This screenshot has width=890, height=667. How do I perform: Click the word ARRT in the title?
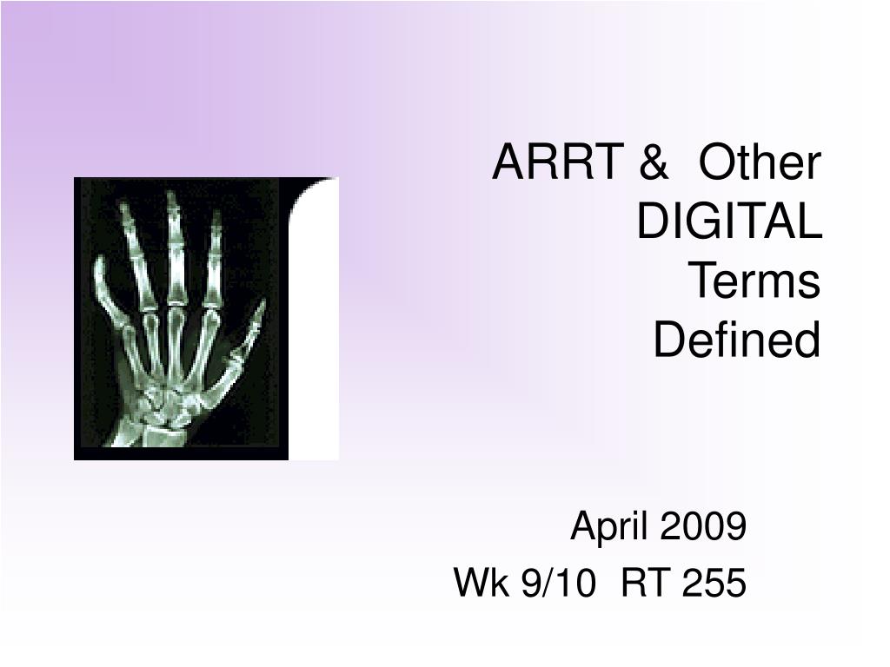[558, 162]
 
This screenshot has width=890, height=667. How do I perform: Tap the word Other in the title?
[760, 162]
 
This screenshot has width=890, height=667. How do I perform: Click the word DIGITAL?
[729, 221]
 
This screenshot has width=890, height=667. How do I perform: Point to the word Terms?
[754, 281]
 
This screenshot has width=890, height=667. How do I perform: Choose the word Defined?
[737, 340]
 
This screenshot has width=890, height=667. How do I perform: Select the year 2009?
[703, 525]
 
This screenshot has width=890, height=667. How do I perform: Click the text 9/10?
[559, 583]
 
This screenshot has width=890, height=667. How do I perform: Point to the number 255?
[714, 583]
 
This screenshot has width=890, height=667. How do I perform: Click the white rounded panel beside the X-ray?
[314, 319]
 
